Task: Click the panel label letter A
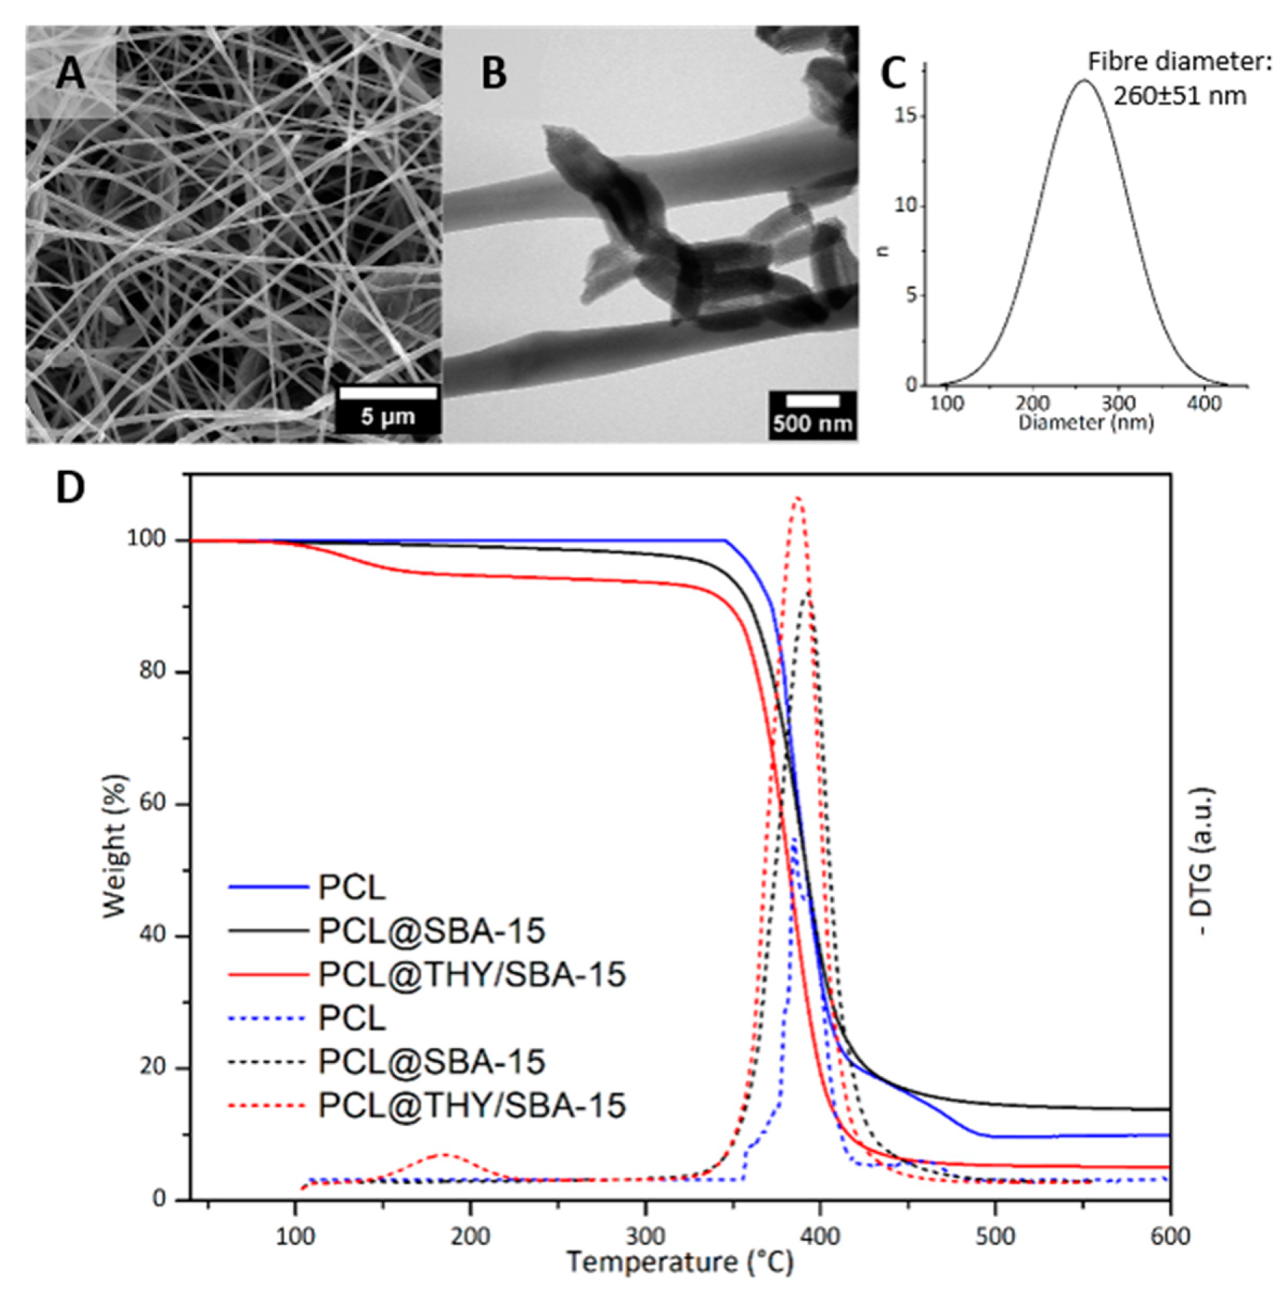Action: pyautogui.click(x=70, y=73)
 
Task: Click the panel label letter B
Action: pyautogui.click(x=494, y=73)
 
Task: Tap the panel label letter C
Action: pyautogui.click(x=893, y=73)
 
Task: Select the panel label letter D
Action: pyautogui.click(x=70, y=487)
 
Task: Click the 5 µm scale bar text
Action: pyautogui.click(x=388, y=416)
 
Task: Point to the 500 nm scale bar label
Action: pyautogui.click(x=813, y=424)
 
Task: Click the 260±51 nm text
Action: pyautogui.click(x=1179, y=95)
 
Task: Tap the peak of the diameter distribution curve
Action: pyautogui.click(x=1083, y=80)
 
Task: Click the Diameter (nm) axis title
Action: pyautogui.click(x=1086, y=422)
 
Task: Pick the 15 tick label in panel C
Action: pyautogui.click(x=906, y=116)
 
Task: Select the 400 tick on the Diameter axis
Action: pyautogui.click(x=1203, y=404)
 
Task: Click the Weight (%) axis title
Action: pyautogui.click(x=115, y=846)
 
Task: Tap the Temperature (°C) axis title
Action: pyautogui.click(x=680, y=1262)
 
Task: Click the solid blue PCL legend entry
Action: pyautogui.click(x=308, y=887)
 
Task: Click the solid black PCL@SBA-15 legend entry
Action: pyautogui.click(x=387, y=930)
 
